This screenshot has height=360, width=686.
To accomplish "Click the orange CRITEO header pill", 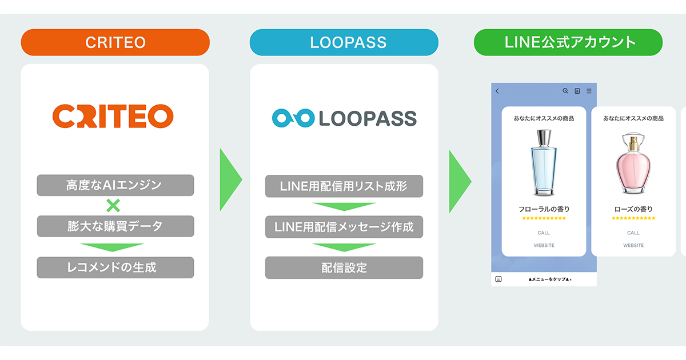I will coord(115,42).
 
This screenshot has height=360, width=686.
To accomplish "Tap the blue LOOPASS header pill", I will coord(344,42).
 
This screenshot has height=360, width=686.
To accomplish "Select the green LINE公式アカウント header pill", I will coord(568,42).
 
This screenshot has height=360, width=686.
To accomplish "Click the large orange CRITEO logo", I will coord(113,116).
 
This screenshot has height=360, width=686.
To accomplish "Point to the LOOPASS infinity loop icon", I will coord(293,118).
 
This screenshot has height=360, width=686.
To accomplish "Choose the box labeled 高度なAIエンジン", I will coord(115,185).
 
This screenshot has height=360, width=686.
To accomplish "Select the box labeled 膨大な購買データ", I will coord(115,226).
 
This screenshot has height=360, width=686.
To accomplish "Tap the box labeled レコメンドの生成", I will coord(115,267).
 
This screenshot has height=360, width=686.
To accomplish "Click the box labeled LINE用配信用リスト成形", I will coord(344,185).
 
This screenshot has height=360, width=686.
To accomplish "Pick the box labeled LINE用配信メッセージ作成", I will coord(344,227).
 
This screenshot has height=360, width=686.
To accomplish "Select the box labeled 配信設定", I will coord(344,267).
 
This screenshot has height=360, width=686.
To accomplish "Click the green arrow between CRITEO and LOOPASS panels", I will coord(230,180).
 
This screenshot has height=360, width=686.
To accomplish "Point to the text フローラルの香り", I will coord(544,209).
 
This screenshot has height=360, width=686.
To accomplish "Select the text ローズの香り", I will coord(633,209).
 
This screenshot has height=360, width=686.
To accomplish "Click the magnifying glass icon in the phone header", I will coord(565,91).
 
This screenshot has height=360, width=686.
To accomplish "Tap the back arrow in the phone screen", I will coord(497,91).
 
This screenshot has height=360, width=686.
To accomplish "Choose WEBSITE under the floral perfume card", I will coord(544,245).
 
